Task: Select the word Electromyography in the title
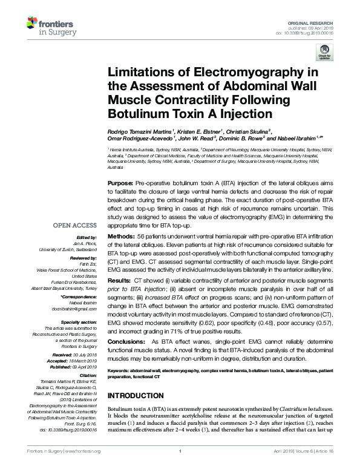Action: click(238, 73)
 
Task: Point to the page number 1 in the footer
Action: click(180, 467)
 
